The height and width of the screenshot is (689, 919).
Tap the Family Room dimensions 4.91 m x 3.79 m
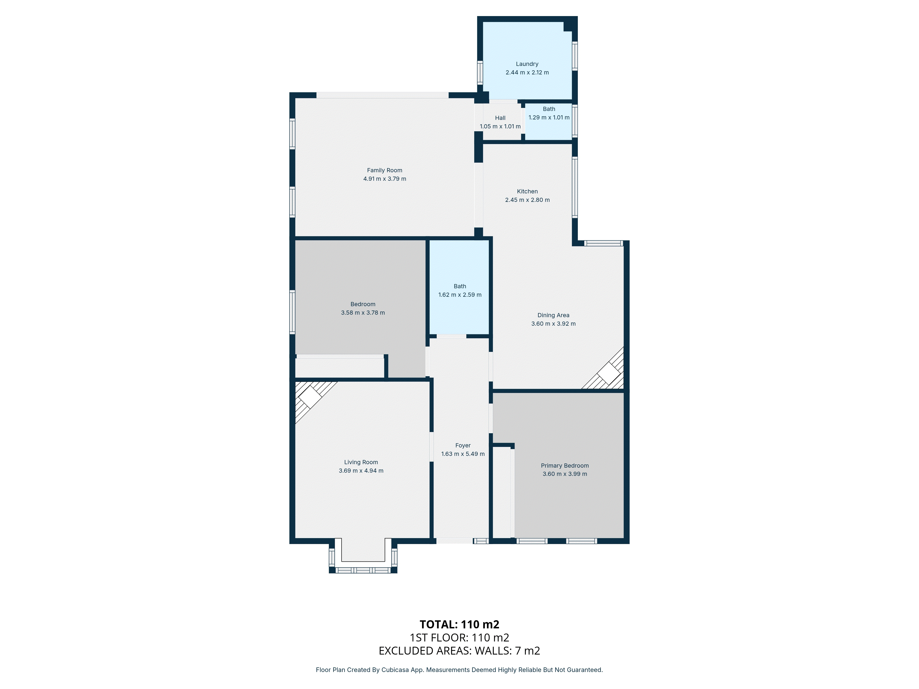(x=385, y=179)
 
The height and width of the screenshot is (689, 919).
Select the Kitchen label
(x=527, y=192)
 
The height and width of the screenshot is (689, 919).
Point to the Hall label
(x=500, y=118)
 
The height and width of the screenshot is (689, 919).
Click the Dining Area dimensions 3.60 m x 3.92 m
(x=553, y=324)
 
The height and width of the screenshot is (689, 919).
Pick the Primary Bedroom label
(x=565, y=466)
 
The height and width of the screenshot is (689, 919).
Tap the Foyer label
(x=463, y=445)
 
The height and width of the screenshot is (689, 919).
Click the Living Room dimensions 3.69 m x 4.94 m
(x=361, y=471)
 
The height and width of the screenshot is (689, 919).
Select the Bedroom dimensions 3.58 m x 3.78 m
(x=363, y=313)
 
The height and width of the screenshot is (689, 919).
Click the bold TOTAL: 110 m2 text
(x=459, y=624)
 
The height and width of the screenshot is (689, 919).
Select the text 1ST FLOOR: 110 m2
(x=459, y=638)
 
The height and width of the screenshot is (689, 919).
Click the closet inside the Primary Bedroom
(x=502, y=493)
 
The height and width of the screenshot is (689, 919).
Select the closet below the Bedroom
(x=339, y=367)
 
